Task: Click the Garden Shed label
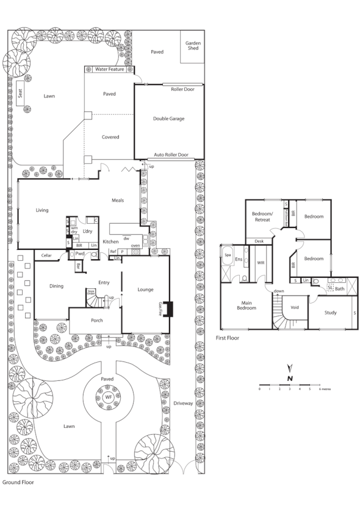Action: coord(193,46)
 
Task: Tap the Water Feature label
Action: coord(110,69)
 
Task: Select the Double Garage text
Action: coord(168,119)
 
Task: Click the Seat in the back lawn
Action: coord(21,93)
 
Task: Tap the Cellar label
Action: coord(46,256)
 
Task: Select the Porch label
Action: coord(97,321)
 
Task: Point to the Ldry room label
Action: coord(87,232)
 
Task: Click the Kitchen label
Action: coord(110,242)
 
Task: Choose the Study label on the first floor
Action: coord(331,312)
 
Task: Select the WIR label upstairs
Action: coord(260,263)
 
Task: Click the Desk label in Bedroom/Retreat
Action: coord(259,241)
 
